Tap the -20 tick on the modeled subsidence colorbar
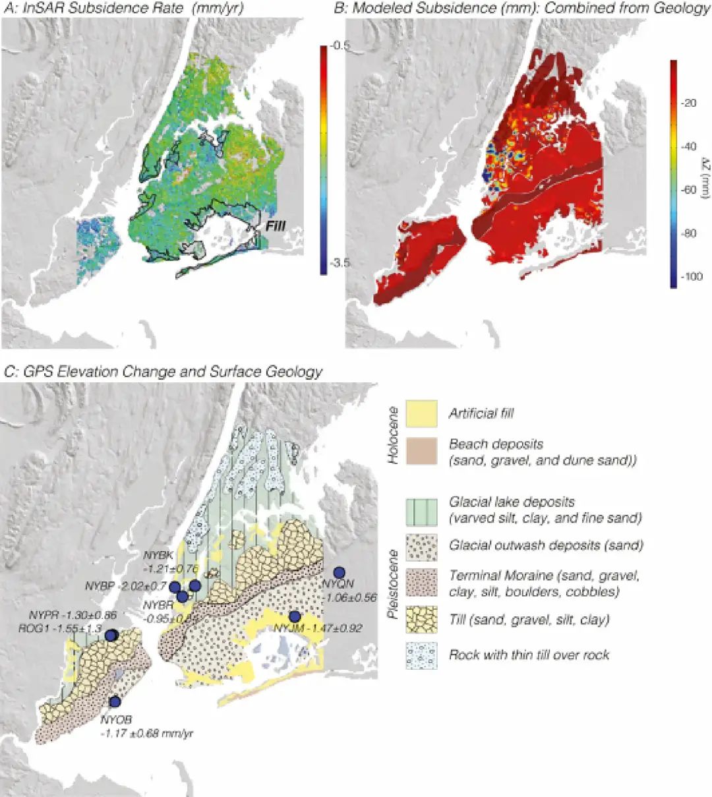(x=688, y=103)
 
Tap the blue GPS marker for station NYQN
(x=340, y=572)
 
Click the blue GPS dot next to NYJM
(x=295, y=617)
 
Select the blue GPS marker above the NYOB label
(x=115, y=701)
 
